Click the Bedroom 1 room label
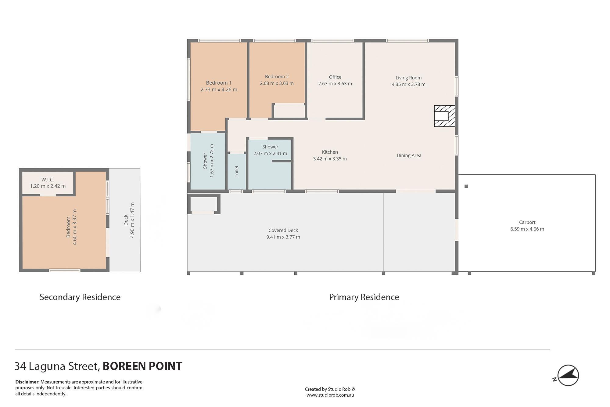pyautogui.click(x=219, y=83)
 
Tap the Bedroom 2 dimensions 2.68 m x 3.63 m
pyautogui.click(x=277, y=83)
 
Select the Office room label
pyautogui.click(x=335, y=77)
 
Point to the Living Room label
pyautogui.click(x=408, y=78)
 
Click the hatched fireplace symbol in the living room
pyautogui.click(x=444, y=116)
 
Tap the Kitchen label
pyautogui.click(x=330, y=152)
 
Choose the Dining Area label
pyautogui.click(x=409, y=155)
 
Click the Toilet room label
pyautogui.click(x=237, y=171)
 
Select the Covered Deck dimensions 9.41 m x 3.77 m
pyautogui.click(x=283, y=237)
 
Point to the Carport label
pyautogui.click(x=527, y=222)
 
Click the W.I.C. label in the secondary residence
pyautogui.click(x=48, y=180)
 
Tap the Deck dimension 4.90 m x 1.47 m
pyautogui.click(x=132, y=220)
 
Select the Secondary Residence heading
pyautogui.click(x=80, y=297)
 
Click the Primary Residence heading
pyautogui.click(x=364, y=297)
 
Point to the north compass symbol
pyautogui.click(x=567, y=376)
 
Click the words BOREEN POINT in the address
pyautogui.click(x=142, y=366)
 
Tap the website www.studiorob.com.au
pyautogui.click(x=330, y=395)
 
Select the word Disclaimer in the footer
pyautogui.click(x=27, y=382)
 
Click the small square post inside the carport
pyautogui.click(x=466, y=186)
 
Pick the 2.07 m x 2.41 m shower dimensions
pyautogui.click(x=270, y=154)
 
